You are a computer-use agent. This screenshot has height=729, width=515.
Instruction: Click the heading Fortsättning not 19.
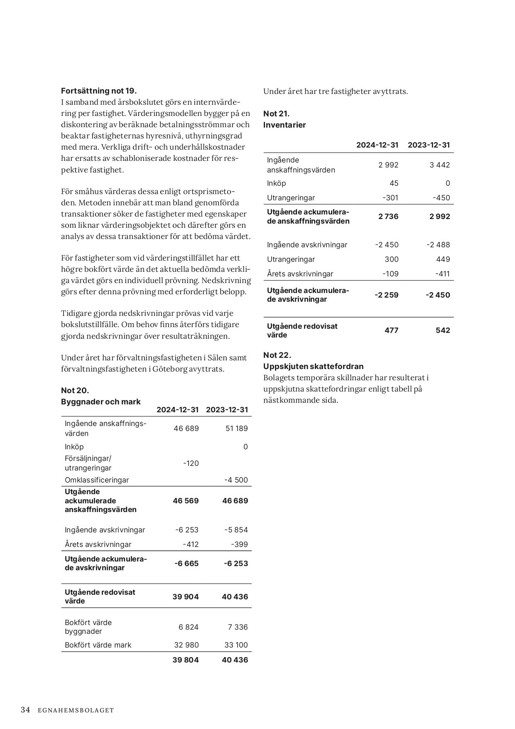pos(99,91)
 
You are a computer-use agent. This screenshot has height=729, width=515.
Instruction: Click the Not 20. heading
pos(75,390)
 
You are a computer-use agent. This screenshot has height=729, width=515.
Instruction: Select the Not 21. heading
pos(276,113)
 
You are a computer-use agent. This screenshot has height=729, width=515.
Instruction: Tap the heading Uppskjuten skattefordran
pos(313,366)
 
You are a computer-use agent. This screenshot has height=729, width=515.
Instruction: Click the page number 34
pos(25,710)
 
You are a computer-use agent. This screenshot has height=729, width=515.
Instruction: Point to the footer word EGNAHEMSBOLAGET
pos(76,710)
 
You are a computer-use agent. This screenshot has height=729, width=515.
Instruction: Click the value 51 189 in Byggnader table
pos(236,428)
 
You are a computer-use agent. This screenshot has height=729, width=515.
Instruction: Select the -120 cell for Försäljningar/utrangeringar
pos(191,463)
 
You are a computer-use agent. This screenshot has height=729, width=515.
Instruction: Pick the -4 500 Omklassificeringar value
pos(235,480)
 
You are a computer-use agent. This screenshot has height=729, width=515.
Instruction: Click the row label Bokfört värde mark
pos(98,645)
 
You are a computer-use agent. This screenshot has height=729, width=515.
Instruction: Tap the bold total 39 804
pos(185,660)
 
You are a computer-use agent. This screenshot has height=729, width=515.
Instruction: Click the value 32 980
pos(186,645)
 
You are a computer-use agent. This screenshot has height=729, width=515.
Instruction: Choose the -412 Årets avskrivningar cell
pos(191,544)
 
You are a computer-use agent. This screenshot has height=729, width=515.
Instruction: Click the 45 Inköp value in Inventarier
pos(394,183)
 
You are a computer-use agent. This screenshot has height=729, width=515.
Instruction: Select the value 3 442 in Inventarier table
pos(440,165)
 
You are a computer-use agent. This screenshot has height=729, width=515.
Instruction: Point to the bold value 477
pos(391,330)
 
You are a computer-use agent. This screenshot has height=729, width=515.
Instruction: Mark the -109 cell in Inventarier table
pos(390,273)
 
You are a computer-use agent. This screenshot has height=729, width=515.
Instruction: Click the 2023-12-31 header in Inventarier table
pos(429,145)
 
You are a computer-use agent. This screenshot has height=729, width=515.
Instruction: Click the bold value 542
pos(443,330)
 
